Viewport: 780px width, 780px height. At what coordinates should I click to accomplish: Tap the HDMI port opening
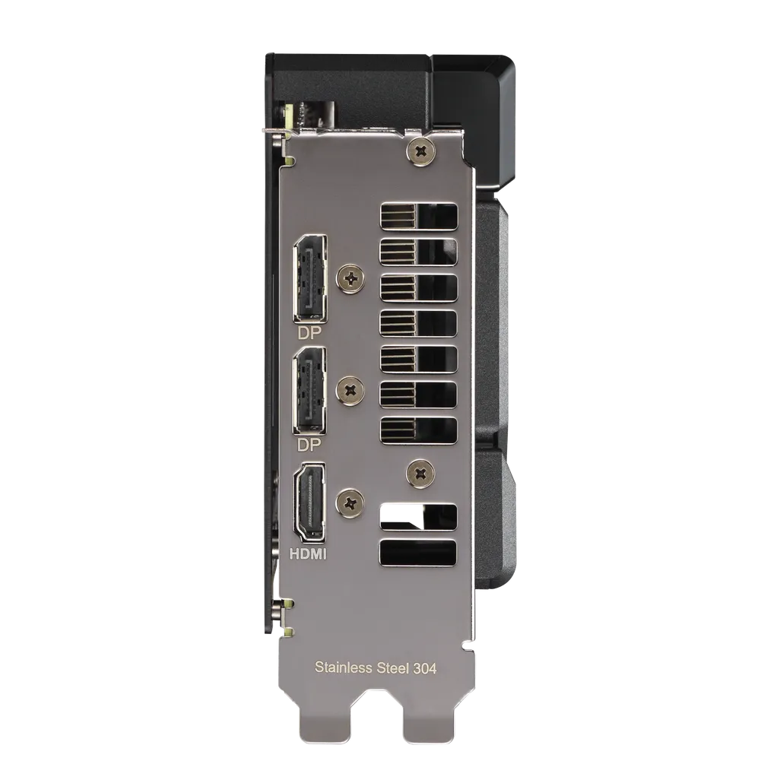[310, 501]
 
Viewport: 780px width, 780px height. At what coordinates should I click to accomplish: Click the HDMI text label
[309, 554]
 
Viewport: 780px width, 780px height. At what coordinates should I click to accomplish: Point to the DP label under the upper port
[309, 331]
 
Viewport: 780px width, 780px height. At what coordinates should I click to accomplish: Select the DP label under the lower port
[309, 445]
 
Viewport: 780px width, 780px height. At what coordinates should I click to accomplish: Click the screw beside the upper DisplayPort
[350, 279]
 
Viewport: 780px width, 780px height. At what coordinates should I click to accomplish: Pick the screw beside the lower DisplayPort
[350, 390]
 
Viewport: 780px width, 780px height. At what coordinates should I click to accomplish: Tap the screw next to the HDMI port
[350, 500]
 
